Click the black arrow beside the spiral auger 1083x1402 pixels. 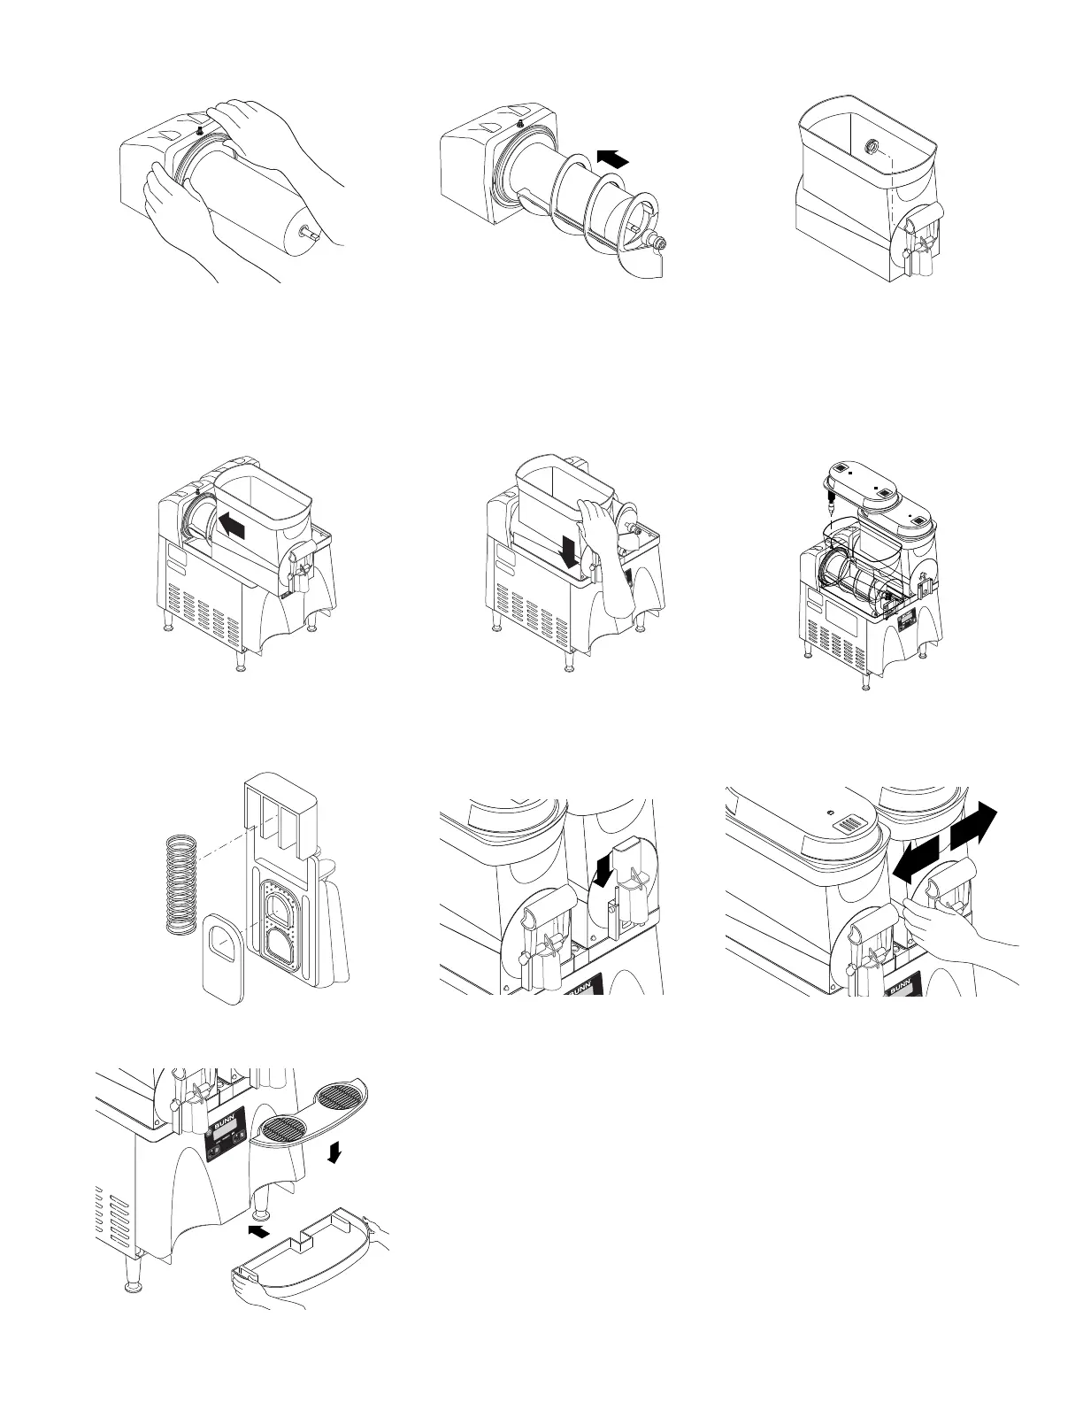(x=612, y=158)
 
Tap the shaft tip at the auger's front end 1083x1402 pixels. (x=660, y=241)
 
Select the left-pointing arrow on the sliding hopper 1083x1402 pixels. (x=233, y=527)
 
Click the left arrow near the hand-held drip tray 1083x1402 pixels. (x=258, y=1230)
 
